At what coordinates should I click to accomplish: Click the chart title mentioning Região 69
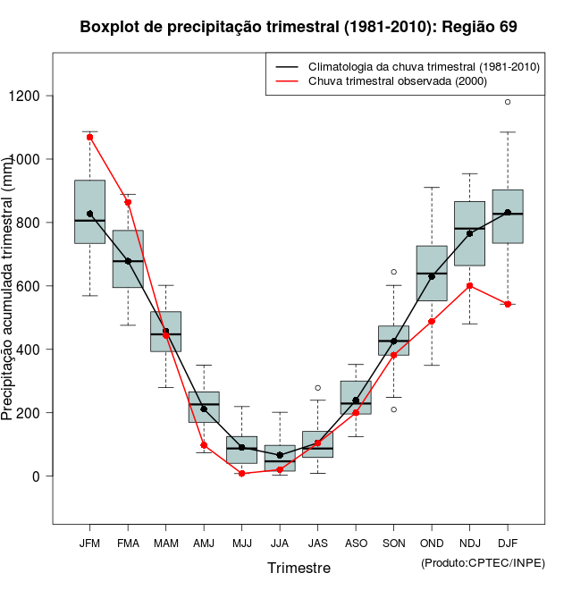tap(299, 27)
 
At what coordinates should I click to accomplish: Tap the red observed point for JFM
tap(89, 137)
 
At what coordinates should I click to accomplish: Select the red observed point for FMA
tap(128, 202)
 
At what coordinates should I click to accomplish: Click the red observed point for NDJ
tap(470, 286)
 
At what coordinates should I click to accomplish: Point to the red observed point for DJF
tap(508, 304)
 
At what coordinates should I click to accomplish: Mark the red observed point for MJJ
tap(242, 474)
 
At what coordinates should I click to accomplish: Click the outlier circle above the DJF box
tap(508, 102)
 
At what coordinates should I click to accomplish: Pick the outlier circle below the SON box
tap(393, 409)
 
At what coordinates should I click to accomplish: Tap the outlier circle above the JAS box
tap(317, 388)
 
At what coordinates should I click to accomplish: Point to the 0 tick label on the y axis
tap(37, 476)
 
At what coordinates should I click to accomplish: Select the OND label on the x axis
tap(432, 544)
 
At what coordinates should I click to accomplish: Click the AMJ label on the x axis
tap(204, 544)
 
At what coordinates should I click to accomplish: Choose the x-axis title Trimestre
tap(299, 568)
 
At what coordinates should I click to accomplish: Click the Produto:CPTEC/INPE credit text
tap(483, 562)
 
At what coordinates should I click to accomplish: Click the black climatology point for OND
tap(432, 276)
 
